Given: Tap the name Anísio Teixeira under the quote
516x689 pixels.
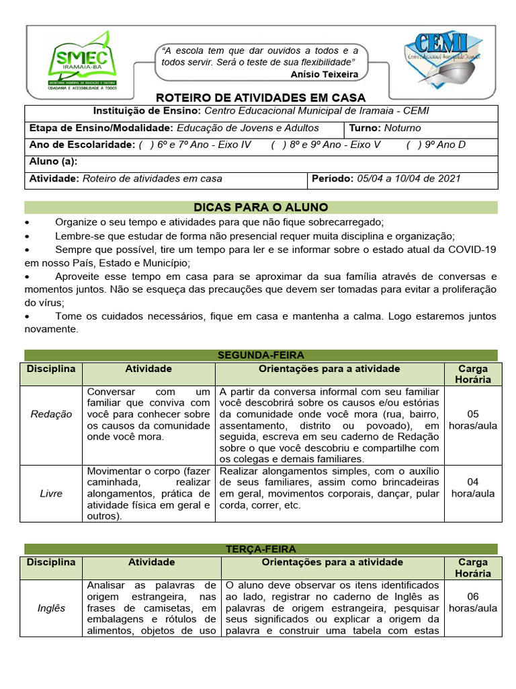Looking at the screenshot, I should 325,74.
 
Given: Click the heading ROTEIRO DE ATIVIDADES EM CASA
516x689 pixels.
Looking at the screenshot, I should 261,97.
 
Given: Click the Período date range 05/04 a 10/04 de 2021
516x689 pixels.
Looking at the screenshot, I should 408,179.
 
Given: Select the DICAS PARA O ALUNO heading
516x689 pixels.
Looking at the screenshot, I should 261,207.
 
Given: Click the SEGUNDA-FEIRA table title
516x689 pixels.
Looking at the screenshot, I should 261,355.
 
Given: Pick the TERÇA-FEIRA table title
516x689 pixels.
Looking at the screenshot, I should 261,549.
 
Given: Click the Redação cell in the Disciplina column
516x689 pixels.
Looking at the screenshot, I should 51,414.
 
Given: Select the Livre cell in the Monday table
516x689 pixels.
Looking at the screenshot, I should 51,493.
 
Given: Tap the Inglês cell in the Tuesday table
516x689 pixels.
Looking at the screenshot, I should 51,608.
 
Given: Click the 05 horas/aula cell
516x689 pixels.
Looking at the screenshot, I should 473,420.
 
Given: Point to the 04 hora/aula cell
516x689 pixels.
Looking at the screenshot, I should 473,487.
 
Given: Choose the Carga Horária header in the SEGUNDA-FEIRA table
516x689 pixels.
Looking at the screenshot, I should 473,374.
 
